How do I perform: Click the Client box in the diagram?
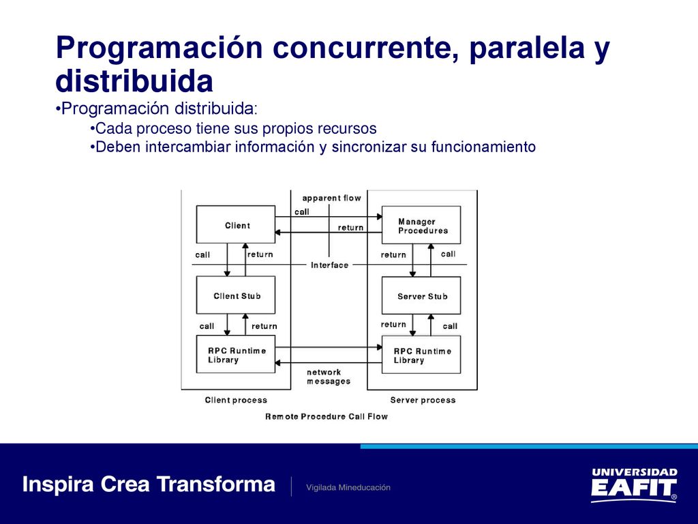(x=235, y=224)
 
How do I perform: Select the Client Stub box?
(x=235, y=295)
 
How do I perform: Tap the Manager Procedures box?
(x=421, y=225)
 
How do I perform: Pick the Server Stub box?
(x=421, y=295)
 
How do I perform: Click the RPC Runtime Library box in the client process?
(x=235, y=354)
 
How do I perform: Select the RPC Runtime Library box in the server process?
(x=421, y=355)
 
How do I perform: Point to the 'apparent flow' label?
(x=332, y=198)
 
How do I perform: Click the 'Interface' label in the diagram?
(x=329, y=265)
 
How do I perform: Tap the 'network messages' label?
(x=329, y=377)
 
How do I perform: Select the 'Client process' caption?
(x=236, y=400)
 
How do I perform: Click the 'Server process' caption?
(x=423, y=400)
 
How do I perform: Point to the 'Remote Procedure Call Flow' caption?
(x=327, y=417)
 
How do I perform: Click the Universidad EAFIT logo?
(x=635, y=485)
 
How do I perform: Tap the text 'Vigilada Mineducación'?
(x=348, y=487)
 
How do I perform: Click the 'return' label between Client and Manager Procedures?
(x=351, y=228)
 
